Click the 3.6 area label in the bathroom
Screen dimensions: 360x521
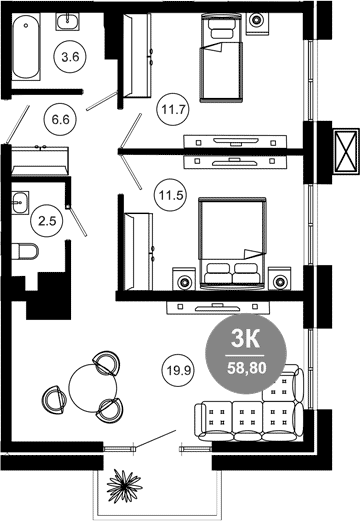(x=70, y=57)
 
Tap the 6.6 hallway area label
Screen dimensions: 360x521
(x=60, y=119)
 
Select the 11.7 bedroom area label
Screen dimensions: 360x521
(x=173, y=109)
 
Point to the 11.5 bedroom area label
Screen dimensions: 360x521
(x=170, y=195)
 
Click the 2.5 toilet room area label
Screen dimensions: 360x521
(x=47, y=221)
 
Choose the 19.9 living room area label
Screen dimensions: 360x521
(x=178, y=370)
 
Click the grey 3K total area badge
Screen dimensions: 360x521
(x=247, y=354)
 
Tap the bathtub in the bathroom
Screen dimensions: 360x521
(x=26, y=47)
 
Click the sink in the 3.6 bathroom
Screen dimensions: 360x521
(x=67, y=22)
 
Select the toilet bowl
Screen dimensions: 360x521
(x=25, y=251)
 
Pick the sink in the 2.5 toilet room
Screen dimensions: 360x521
(x=20, y=202)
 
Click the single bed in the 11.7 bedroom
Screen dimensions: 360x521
(x=220, y=57)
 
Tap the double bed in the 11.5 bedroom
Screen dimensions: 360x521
(x=232, y=243)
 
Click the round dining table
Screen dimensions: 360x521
(x=93, y=388)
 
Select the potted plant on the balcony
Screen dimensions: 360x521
(x=124, y=486)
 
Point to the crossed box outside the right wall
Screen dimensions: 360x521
(x=345, y=151)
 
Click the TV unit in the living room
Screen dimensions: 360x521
(x=218, y=307)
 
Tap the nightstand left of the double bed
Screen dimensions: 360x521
(x=183, y=278)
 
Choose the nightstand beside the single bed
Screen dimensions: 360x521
(x=257, y=23)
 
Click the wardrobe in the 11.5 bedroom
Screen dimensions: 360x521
(x=138, y=252)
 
